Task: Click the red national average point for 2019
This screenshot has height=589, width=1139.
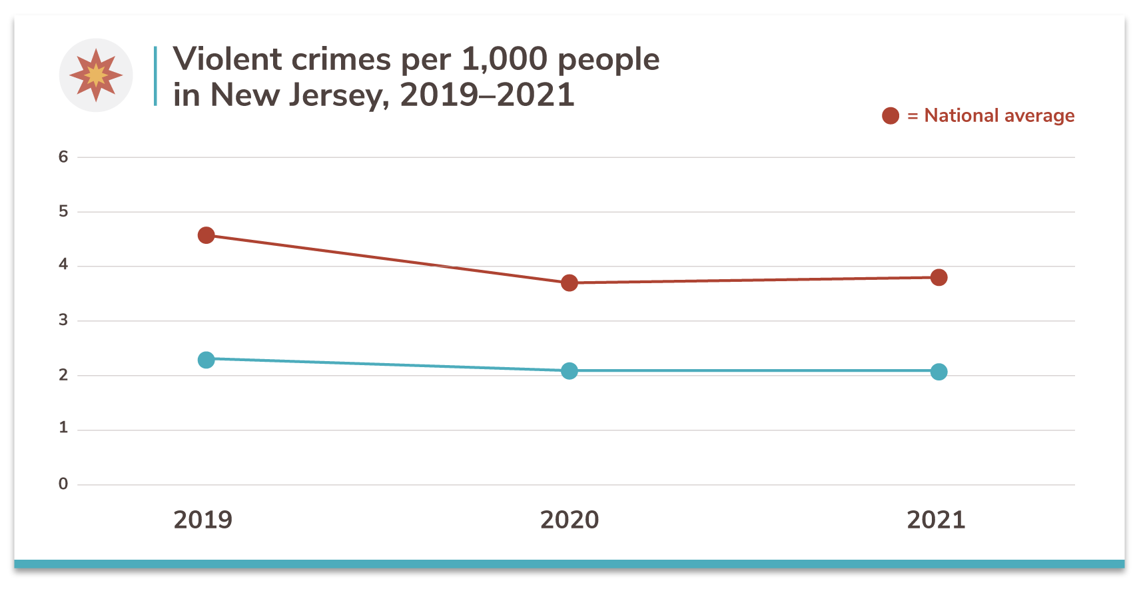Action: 206,235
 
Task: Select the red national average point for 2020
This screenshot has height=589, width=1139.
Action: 569,283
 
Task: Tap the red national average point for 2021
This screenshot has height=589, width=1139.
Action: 939,277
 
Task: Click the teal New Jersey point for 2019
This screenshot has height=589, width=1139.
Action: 206,360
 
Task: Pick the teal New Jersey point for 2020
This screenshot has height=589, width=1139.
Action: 569,371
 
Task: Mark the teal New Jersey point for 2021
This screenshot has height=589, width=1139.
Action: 939,372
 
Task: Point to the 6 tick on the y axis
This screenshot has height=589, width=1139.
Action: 63,157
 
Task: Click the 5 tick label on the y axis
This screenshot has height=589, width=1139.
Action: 63,212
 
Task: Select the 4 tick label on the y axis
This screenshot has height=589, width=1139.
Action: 63,265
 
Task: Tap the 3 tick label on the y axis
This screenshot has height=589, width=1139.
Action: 63,320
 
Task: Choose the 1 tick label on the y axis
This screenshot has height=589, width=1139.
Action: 63,428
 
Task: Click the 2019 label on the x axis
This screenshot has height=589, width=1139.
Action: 203,520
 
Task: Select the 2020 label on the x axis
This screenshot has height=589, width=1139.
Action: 569,520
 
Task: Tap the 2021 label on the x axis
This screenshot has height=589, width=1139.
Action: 936,520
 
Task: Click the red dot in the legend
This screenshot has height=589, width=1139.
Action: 891,116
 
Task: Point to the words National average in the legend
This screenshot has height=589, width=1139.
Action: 999,116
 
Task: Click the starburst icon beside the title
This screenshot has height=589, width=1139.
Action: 96,75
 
